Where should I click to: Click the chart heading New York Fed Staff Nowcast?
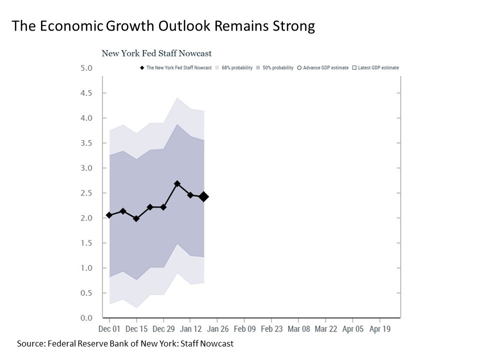coord(156,53)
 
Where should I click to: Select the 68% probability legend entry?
coord(236,67)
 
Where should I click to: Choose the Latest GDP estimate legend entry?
coord(378,67)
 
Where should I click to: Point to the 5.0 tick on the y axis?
coord(86,68)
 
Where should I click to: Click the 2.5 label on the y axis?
coord(86,193)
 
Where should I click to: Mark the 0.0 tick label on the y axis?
coord(86,318)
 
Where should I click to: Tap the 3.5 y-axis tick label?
coord(86,143)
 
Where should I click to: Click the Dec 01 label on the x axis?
coord(109,329)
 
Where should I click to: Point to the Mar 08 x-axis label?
coord(298,329)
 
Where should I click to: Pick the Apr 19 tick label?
coord(379,329)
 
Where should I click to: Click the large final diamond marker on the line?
coord(203,196)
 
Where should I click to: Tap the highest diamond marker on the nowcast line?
coord(177,184)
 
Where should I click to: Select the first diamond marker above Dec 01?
coord(109,215)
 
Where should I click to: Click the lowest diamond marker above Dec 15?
coord(136,218)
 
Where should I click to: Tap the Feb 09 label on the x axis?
coord(244,329)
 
